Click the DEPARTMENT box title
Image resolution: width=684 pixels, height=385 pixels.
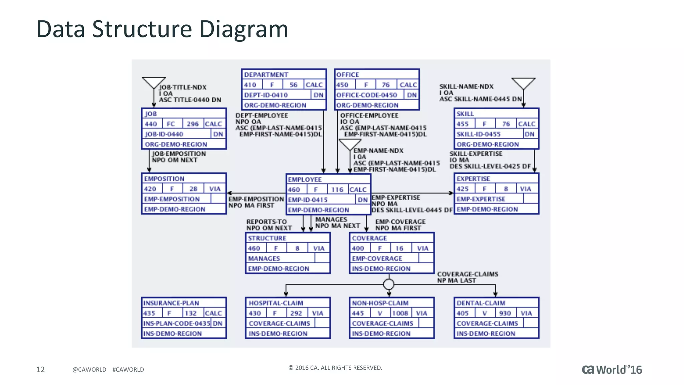pos(266,75)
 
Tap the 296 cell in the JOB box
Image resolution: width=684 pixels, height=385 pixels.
pos(193,124)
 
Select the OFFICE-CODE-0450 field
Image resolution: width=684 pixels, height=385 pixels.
pos(367,95)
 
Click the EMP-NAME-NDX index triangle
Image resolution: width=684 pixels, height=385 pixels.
pos(350,144)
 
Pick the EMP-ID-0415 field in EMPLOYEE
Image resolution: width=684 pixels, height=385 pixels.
pos(308,200)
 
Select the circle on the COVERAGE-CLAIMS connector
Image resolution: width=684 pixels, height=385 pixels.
pos(389,284)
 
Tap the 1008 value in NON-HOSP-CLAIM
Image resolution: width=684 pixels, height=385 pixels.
pos(400,313)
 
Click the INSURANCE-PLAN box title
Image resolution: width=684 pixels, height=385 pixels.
pos(171,303)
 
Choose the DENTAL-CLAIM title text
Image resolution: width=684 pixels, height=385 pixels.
pos(481,303)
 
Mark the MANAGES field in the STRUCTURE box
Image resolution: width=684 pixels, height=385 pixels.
pos(264,258)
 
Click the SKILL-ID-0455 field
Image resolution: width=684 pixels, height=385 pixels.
pos(478,134)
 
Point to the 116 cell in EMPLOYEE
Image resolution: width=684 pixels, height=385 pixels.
pos(337,190)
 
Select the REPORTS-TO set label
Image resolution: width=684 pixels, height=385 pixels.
pos(267,222)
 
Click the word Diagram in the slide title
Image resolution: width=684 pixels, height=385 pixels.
pos(243,29)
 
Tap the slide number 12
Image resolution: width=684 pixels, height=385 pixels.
pos(40,369)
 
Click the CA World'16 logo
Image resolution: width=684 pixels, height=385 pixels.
pos(612,370)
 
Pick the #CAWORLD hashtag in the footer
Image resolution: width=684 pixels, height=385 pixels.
pos(128,370)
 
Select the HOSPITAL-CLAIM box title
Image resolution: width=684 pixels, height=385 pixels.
pos(276,303)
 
